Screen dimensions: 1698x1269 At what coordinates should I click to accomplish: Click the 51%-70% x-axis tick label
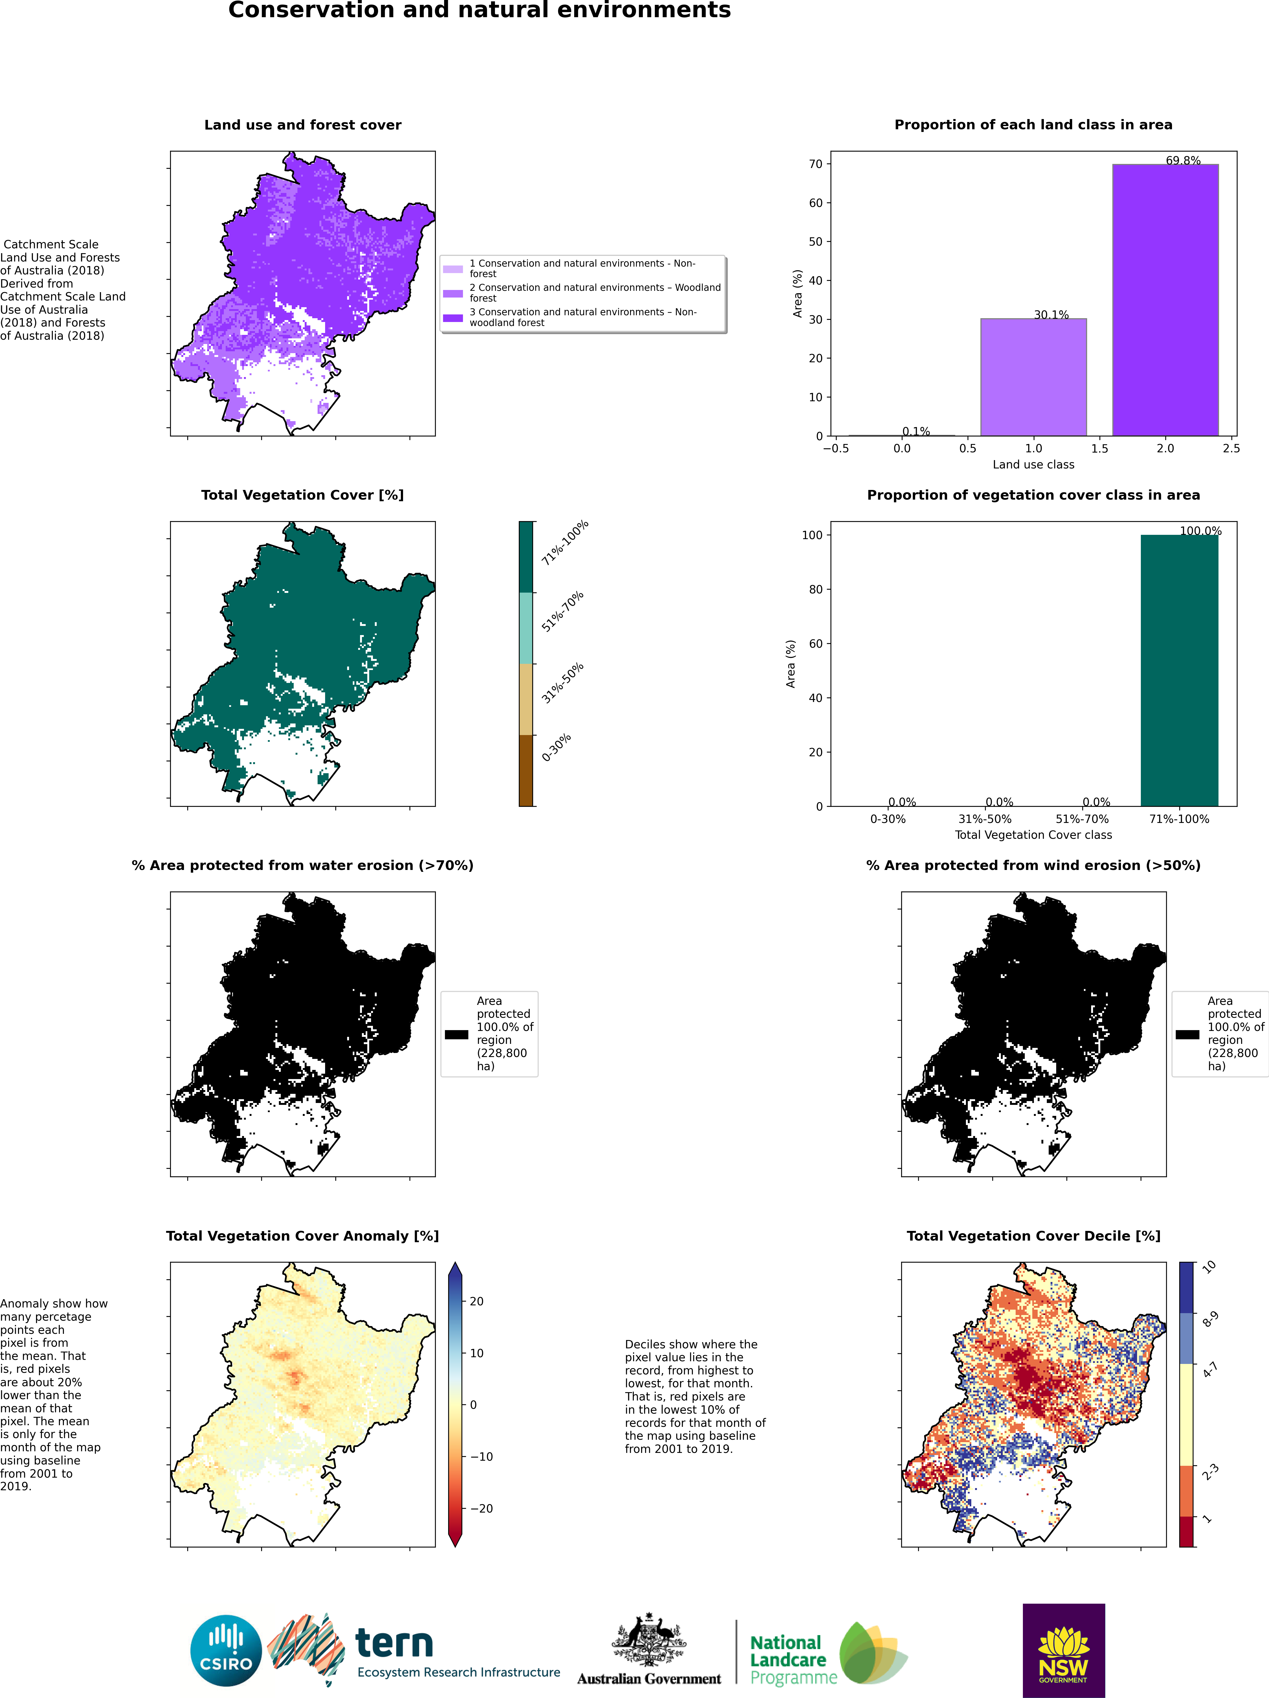click(1082, 819)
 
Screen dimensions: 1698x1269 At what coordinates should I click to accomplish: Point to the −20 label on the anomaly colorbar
click(481, 1509)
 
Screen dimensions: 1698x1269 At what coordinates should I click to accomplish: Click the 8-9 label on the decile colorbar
click(1210, 1319)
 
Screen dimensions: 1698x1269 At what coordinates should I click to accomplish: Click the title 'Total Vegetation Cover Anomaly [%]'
click(302, 1236)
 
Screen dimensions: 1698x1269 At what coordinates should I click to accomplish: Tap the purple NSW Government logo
click(1063, 1650)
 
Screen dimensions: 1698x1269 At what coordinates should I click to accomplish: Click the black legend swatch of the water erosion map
click(456, 1034)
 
